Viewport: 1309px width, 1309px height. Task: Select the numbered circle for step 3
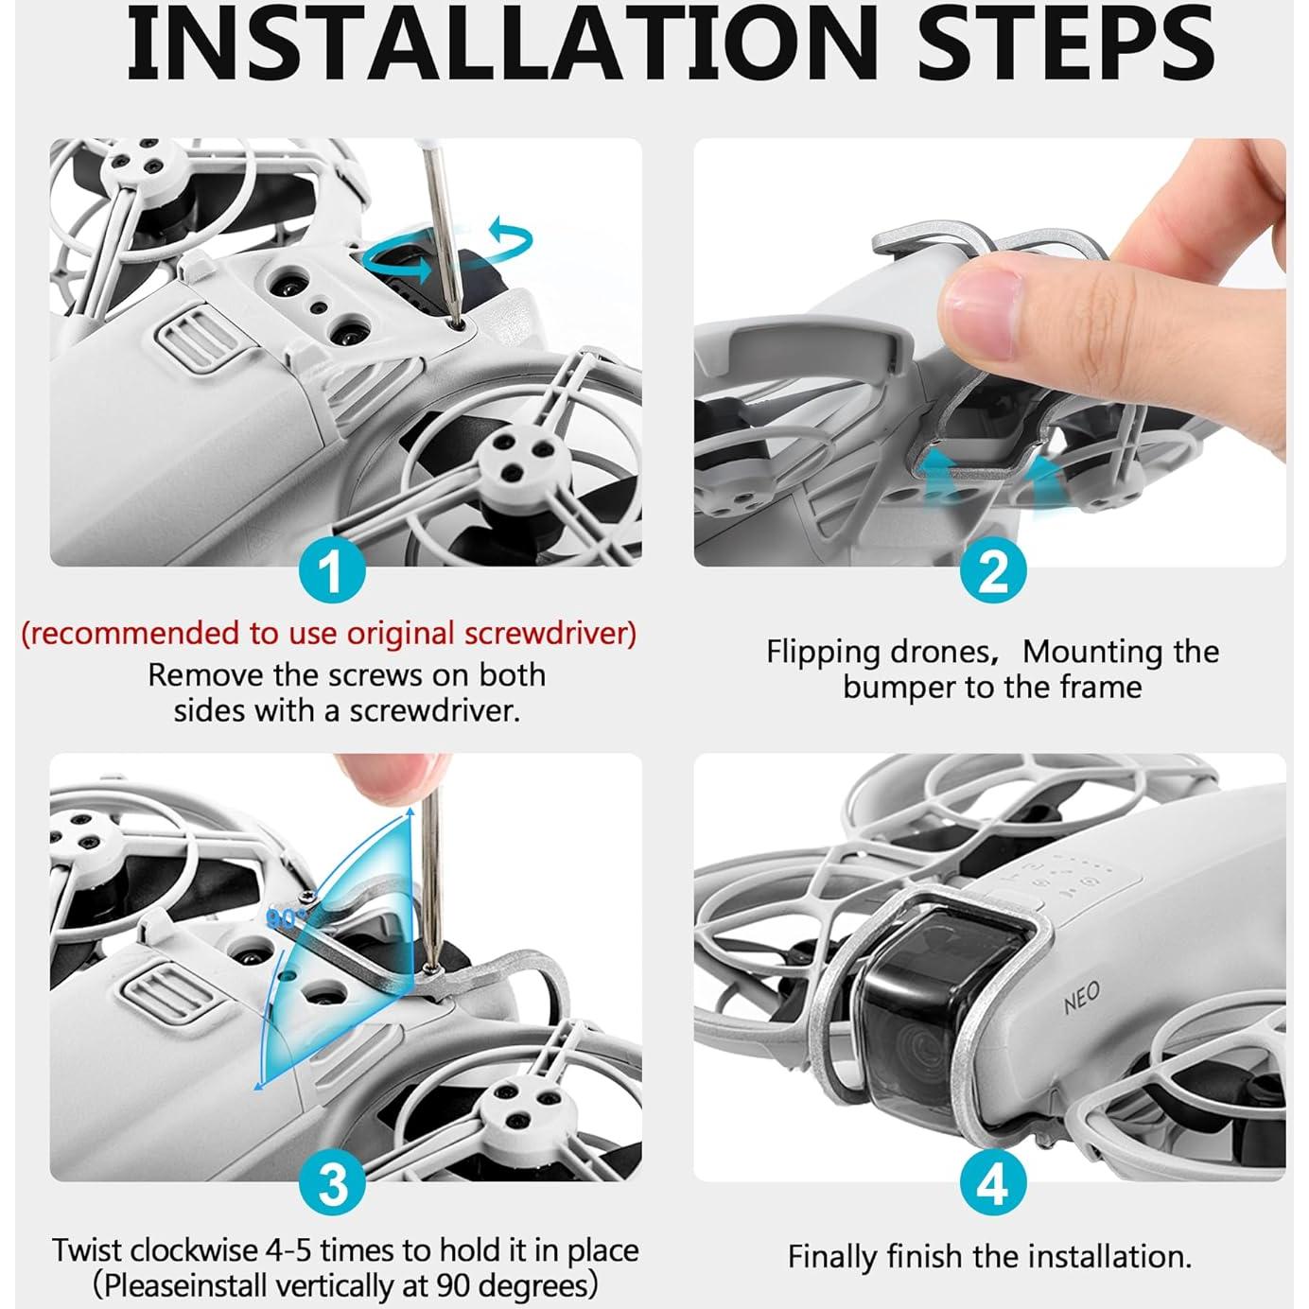332,1184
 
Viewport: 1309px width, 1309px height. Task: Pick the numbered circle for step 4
993,1185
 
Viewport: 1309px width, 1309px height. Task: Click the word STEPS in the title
1066,44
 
